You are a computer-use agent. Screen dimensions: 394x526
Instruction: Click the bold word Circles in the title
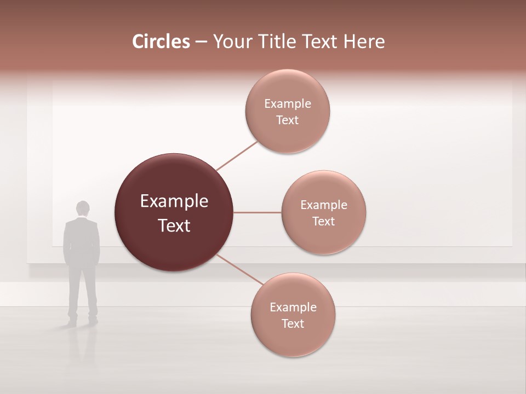[x=161, y=42]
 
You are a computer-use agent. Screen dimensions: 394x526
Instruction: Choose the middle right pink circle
[x=323, y=238]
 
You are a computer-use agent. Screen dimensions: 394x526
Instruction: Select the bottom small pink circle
[x=293, y=339]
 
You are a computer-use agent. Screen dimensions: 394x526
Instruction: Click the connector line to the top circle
[x=237, y=155]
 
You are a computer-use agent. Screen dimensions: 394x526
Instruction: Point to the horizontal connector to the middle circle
[x=257, y=212]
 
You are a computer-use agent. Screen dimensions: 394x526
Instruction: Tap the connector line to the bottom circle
[x=239, y=269]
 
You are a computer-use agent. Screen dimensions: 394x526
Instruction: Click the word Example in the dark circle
[x=174, y=201]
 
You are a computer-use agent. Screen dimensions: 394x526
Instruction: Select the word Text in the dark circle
[x=174, y=225]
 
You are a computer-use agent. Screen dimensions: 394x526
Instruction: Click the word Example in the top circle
[x=288, y=103]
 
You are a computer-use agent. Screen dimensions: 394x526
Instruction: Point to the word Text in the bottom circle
[x=293, y=323]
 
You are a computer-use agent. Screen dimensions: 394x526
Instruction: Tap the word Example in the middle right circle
[x=324, y=205]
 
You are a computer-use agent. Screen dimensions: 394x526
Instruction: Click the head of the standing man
[x=82, y=208]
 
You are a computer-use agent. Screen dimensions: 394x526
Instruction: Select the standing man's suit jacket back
[x=82, y=241]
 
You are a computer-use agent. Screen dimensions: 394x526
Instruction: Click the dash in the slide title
[x=201, y=42]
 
